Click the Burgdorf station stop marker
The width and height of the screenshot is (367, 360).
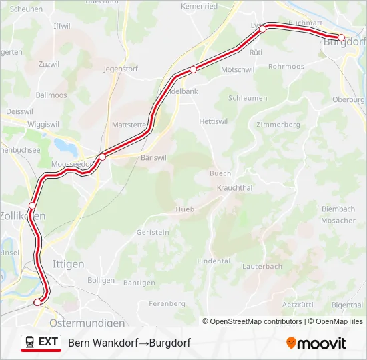341,37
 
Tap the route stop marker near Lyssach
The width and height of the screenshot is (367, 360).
263,29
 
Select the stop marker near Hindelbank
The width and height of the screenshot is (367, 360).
193,69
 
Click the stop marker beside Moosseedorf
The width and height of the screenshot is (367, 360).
102,157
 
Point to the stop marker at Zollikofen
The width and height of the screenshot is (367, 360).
32,205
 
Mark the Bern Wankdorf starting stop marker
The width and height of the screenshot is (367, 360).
37,302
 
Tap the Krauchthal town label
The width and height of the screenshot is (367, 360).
234,188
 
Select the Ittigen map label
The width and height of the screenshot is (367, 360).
68,264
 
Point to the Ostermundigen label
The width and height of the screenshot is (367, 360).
87,323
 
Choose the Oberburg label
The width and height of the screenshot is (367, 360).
349,100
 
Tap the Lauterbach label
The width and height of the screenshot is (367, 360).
262,266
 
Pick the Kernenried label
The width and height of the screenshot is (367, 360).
199,6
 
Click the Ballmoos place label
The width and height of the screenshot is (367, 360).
51,95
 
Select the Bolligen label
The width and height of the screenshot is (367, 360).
101,281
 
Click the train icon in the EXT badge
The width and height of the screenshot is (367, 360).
31,342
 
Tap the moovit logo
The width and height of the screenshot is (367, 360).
316,343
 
